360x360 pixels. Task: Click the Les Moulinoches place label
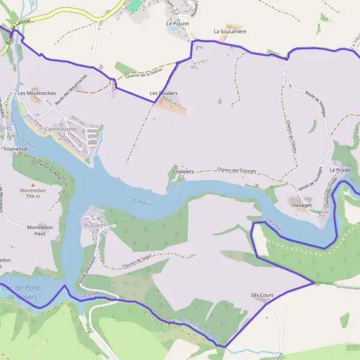point(37,94)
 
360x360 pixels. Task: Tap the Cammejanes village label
point(61,129)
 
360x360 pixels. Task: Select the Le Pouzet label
point(178,23)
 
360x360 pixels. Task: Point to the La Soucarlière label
point(230,31)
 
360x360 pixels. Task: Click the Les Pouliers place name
point(163,94)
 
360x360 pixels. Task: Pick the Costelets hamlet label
point(183,172)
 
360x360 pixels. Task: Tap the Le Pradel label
point(340,170)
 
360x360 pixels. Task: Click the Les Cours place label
point(262,295)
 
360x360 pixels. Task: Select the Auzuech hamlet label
point(94,225)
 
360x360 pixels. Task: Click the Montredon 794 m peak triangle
point(33,184)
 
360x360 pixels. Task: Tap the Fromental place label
point(16,149)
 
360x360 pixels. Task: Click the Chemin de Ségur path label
point(136,259)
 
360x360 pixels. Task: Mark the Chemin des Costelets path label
point(236,170)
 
